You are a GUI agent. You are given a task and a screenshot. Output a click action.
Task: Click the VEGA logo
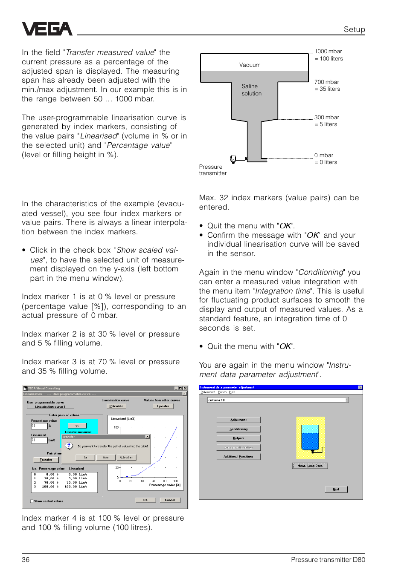[47, 29]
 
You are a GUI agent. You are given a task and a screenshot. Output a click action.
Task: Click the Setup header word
[354, 29]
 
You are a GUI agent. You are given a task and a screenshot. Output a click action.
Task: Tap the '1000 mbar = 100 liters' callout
[329, 55]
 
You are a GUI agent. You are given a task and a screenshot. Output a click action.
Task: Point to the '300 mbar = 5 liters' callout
[326, 121]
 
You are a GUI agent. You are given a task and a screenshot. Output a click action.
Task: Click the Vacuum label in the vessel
[250, 65]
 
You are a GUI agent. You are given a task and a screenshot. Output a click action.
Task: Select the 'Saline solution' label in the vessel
[251, 90]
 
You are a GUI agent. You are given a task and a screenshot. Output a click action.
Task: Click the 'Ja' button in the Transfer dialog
[85, 458]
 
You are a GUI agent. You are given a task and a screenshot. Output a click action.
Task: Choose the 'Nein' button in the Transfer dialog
[106, 458]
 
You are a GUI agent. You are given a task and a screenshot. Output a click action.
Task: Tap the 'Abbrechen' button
[127, 458]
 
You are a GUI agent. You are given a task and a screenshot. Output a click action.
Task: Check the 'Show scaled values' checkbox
[32, 501]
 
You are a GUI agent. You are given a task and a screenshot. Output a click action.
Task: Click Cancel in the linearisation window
[170, 500]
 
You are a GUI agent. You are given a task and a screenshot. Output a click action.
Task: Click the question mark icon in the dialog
[69, 446]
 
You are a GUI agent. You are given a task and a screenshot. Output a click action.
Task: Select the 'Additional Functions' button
[238, 456]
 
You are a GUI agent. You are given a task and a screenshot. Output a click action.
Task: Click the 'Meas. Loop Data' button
[310, 466]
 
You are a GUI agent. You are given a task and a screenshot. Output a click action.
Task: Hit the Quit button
[336, 489]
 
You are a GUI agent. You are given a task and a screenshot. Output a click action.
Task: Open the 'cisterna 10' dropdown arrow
[347, 400]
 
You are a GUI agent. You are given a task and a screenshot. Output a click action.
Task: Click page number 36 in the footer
[26, 560]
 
